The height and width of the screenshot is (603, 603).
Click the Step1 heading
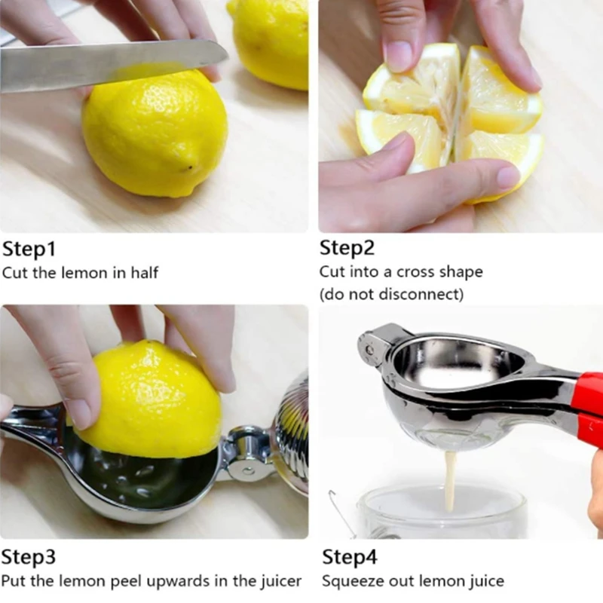click(x=29, y=249)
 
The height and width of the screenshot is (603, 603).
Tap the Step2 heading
click(x=347, y=248)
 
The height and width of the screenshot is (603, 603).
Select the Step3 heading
click(x=29, y=557)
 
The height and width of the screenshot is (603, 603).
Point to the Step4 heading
click(x=350, y=557)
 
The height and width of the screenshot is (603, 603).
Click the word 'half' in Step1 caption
click(x=144, y=273)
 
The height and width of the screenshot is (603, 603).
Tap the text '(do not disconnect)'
click(x=391, y=295)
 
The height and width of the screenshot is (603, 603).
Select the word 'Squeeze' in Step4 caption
click(x=350, y=581)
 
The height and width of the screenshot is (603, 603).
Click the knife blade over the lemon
click(x=113, y=66)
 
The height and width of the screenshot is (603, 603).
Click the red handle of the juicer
click(x=586, y=407)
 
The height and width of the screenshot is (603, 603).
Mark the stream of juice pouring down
click(x=450, y=479)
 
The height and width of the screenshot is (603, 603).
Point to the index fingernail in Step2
click(x=397, y=57)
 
